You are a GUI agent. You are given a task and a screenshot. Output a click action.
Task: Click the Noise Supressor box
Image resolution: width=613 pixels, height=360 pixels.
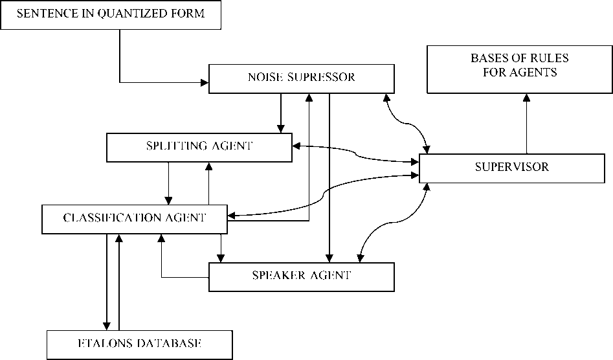pos(302,78)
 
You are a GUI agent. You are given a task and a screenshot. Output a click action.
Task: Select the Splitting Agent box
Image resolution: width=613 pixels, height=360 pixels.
pos(199,147)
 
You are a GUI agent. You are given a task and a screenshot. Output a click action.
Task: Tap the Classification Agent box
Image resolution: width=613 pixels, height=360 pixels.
pos(134,219)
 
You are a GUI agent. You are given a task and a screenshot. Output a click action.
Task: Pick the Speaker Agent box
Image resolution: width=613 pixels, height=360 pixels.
pos(301,276)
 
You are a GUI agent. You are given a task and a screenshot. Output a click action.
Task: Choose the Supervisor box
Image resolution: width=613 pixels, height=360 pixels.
pos(512,168)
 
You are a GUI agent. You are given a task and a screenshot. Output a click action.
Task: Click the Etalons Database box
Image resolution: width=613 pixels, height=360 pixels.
pos(139,344)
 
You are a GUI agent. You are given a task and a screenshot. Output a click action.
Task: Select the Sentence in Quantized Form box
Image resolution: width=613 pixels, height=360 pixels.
pos(111,15)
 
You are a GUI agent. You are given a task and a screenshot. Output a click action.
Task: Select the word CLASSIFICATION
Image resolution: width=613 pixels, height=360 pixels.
pos(109,218)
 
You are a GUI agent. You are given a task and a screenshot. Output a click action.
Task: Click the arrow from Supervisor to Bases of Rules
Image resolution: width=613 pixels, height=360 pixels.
pos(526,123)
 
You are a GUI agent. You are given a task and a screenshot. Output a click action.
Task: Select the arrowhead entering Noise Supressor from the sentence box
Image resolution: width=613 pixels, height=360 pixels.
pos(205,82)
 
